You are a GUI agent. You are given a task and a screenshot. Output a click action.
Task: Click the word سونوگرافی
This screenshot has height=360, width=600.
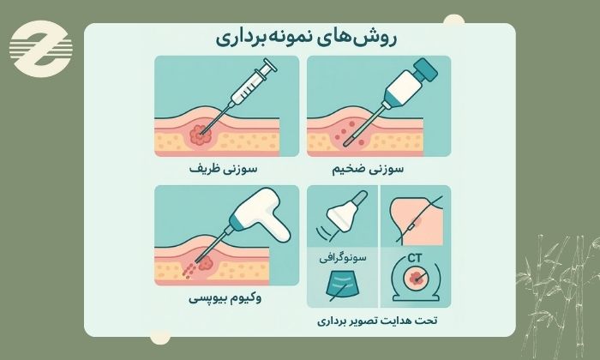[x=343, y=256]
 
